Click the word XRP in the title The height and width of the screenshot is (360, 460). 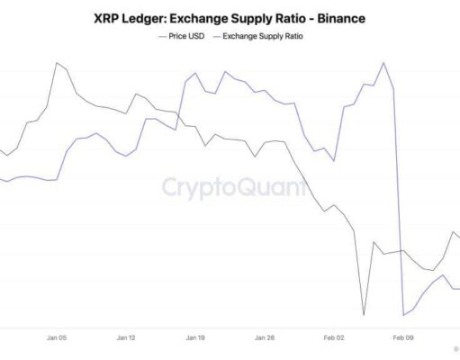[107, 17]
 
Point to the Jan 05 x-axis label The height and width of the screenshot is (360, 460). [57, 338]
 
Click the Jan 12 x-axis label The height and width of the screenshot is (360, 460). [126, 338]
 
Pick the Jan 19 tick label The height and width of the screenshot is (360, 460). [195, 338]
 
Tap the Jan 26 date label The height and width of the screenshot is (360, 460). [265, 338]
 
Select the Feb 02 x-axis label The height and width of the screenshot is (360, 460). [334, 338]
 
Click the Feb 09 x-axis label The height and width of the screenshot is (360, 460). [402, 338]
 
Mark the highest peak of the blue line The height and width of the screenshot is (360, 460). [384, 63]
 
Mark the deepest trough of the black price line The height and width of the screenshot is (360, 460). [364, 315]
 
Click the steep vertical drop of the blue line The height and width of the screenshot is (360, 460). [398, 198]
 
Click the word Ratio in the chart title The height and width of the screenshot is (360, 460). [275, 17]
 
